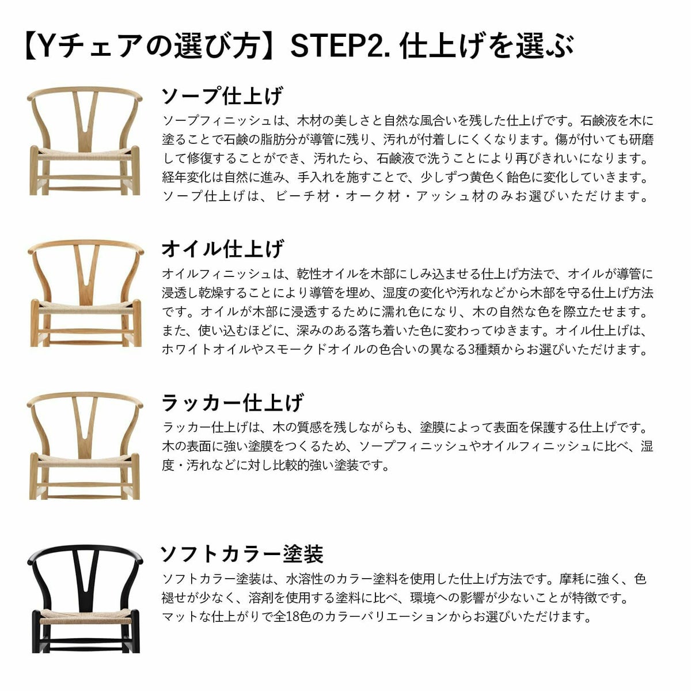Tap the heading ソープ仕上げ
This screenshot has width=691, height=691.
click(x=222, y=96)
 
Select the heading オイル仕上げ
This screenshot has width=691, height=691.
click(x=222, y=249)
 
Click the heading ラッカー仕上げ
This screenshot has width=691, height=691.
click(x=231, y=402)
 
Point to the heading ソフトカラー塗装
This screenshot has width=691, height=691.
click(x=241, y=554)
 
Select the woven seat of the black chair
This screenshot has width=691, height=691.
click(x=85, y=619)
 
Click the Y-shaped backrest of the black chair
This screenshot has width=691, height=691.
click(x=85, y=576)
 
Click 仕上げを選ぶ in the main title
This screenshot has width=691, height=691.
click(x=487, y=46)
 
